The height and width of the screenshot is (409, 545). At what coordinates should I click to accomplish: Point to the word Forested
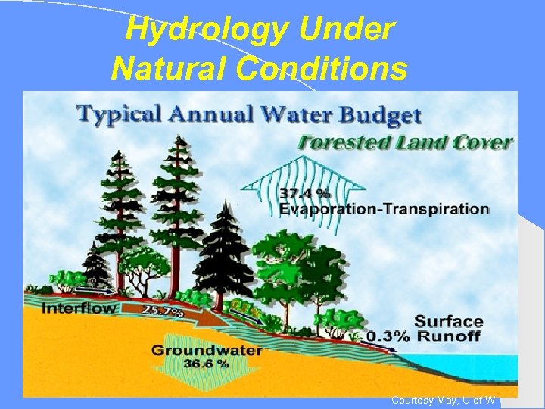click(x=344, y=142)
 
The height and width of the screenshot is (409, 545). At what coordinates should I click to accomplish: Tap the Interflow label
click(x=79, y=308)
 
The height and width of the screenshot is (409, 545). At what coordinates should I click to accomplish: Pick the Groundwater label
click(x=207, y=351)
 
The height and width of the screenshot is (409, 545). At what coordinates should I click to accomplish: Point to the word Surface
click(x=449, y=322)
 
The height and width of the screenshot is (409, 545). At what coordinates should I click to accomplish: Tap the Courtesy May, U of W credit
click(x=443, y=400)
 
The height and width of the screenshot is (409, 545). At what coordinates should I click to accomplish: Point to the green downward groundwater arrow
click(x=206, y=371)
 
